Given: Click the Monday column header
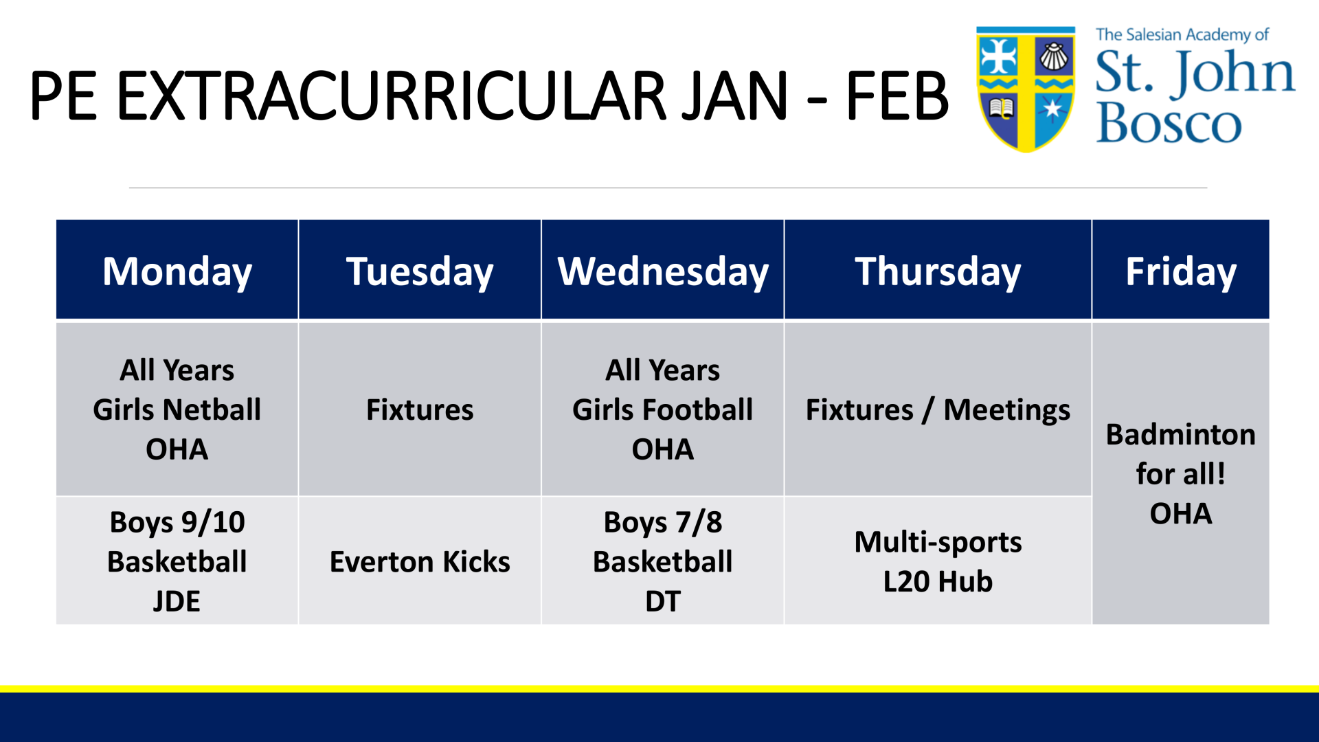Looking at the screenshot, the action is coord(177,270).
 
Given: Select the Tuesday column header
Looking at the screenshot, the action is coord(420,270).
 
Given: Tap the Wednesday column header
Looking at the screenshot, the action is coord(663,270).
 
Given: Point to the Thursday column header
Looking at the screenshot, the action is coord(938,270).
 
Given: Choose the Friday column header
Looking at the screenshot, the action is coord(1181,270).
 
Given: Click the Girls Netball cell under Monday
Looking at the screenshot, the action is coord(177,409).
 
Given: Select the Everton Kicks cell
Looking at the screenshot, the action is coord(420,561).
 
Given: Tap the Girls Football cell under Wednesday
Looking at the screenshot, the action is coord(663,409).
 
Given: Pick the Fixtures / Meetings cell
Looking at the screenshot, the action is coord(938,409).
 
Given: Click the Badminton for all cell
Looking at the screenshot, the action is coord(1181,473).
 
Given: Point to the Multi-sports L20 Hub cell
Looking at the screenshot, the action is coord(938,561).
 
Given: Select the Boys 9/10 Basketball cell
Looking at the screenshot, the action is coord(177,561).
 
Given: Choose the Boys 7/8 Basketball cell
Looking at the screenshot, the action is coord(663,561).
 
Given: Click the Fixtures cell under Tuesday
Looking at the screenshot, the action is coord(420,409).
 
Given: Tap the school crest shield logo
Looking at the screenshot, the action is coord(1026,89).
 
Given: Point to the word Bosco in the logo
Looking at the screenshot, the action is coord(1169,123).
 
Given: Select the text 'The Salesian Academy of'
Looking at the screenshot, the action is coord(1182,34).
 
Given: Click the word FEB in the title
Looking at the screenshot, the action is coord(897,95).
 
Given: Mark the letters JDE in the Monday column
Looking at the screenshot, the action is coord(177,601).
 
